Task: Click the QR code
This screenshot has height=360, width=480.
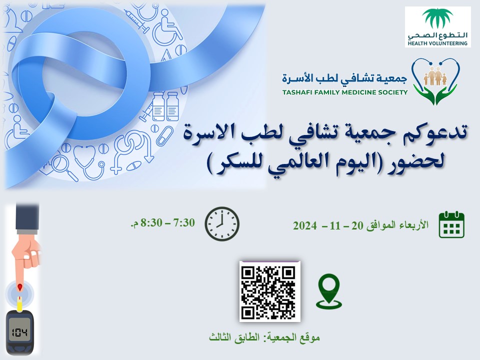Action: tap(269, 291)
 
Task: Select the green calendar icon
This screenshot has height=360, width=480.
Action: tap(451, 224)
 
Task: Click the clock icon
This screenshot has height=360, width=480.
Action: tap(222, 224)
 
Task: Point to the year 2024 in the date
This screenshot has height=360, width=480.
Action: tap(305, 226)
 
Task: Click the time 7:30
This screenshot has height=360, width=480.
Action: tap(184, 222)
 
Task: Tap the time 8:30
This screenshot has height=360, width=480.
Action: tap(151, 222)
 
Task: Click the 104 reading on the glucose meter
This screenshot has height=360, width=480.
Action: tap(19, 332)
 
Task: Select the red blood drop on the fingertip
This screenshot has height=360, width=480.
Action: tap(20, 287)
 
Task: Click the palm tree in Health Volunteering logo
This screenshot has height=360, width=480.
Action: tap(437, 18)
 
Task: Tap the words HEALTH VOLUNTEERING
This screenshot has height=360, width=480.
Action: tap(437, 43)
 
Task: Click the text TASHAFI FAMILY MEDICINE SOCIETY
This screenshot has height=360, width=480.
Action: tap(345, 92)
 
